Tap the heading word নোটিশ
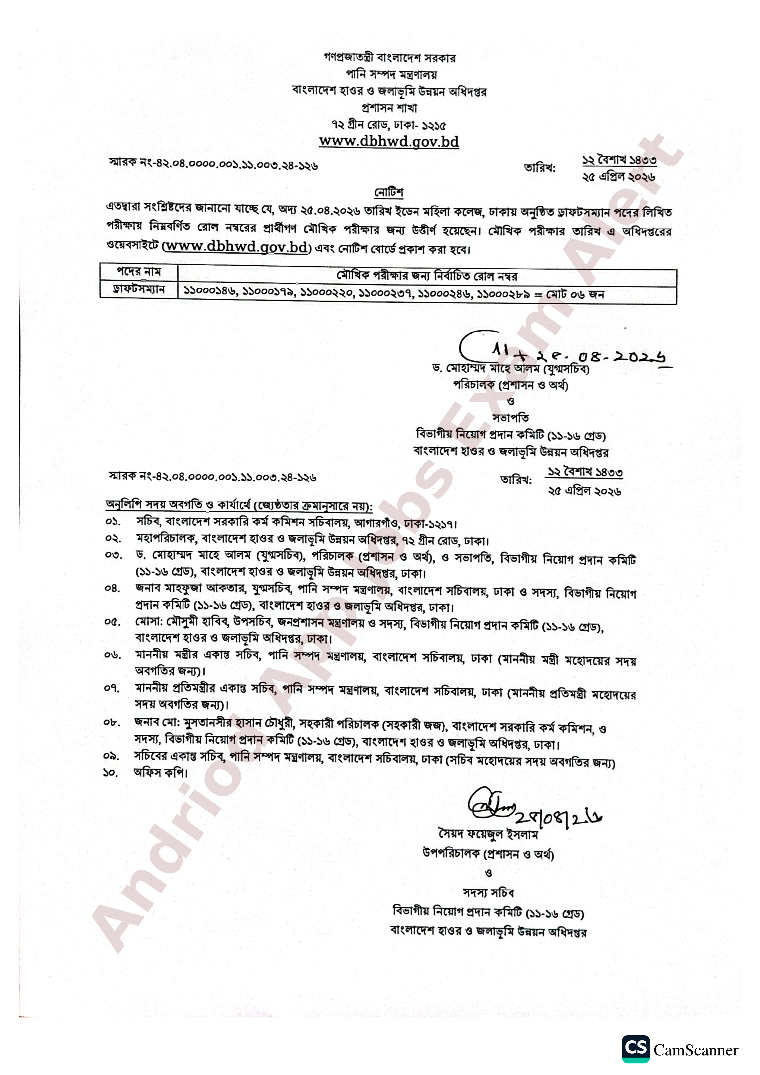[389, 192]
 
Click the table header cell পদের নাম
[139, 271]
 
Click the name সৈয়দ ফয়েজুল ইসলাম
[488, 834]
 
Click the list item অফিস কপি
[160, 772]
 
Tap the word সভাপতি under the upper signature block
[511, 417]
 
